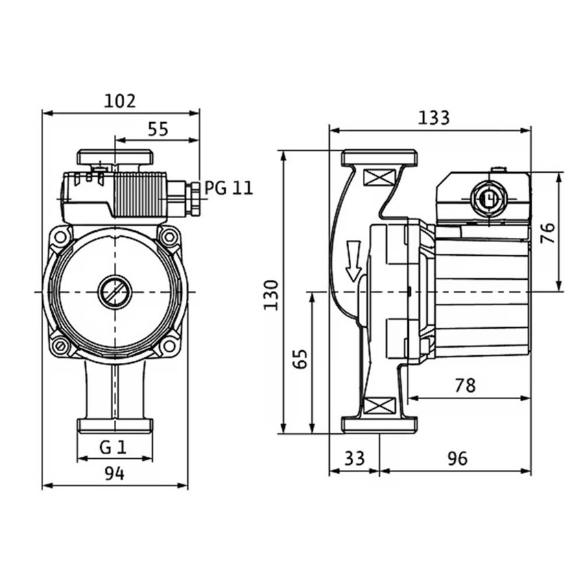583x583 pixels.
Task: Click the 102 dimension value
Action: [120, 101]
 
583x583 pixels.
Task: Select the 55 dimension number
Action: [158, 129]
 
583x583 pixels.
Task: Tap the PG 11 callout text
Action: [228, 188]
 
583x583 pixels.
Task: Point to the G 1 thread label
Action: [113, 447]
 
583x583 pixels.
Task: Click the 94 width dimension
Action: [115, 474]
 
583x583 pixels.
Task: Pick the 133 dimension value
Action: [434, 118]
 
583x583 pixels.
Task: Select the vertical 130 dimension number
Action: [271, 295]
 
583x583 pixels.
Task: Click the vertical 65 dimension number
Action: [300, 359]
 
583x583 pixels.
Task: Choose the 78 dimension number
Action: [465, 385]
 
